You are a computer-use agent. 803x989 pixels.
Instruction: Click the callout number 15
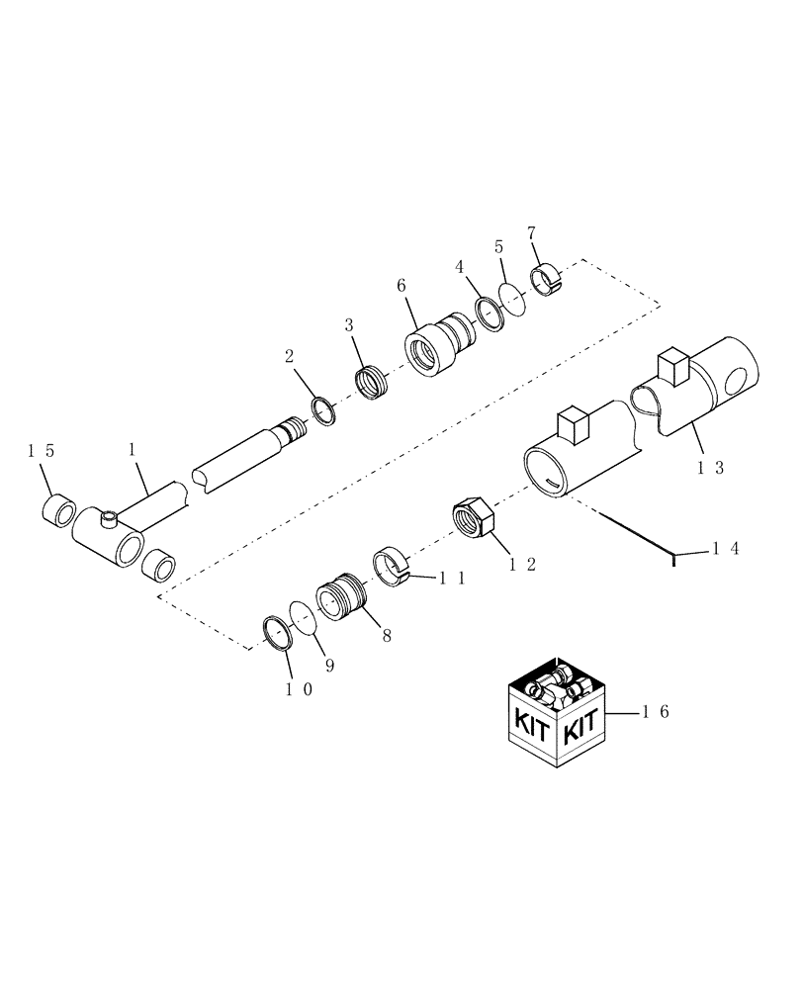coord(41,450)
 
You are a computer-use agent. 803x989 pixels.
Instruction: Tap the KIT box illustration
coord(556,711)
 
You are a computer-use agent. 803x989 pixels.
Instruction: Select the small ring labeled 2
coord(323,410)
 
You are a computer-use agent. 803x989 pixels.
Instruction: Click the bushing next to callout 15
coord(57,511)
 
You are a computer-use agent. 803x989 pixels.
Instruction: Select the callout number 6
coord(401,285)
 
